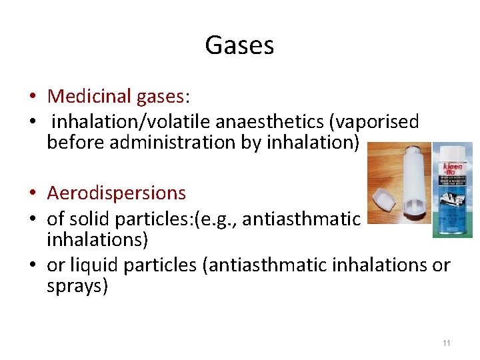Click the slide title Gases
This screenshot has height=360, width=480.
[x=239, y=45]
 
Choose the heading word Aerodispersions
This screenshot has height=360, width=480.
[x=117, y=193]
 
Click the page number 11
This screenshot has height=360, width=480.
[x=447, y=343]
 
